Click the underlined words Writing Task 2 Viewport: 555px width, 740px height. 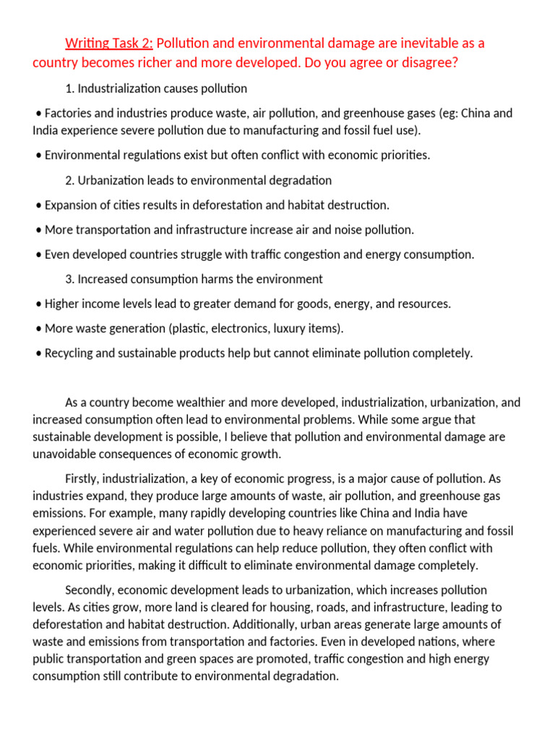[x=108, y=43]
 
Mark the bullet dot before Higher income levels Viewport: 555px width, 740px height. [x=38, y=304]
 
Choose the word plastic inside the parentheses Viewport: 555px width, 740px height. [x=188, y=329]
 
